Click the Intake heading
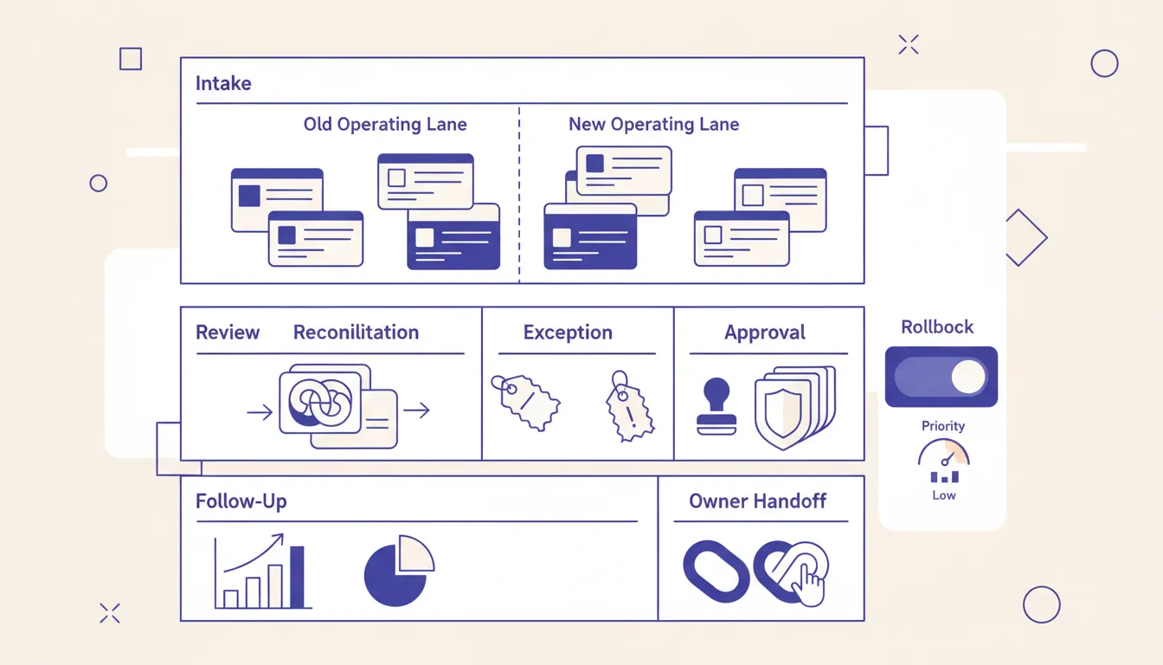pyautogui.click(x=223, y=83)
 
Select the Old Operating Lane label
pyautogui.click(x=385, y=124)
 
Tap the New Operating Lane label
pyautogui.click(x=653, y=124)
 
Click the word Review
pyautogui.click(x=228, y=332)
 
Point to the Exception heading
pyautogui.click(x=568, y=332)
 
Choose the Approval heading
pyautogui.click(x=765, y=332)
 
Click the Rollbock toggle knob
pyautogui.click(x=968, y=377)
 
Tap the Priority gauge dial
pyautogui.click(x=944, y=451)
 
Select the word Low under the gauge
pyautogui.click(x=944, y=495)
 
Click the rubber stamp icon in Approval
pyautogui.click(x=716, y=406)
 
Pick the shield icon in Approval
pyautogui.click(x=794, y=407)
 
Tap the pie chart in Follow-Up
pyautogui.click(x=399, y=571)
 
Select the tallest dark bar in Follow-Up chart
pyautogui.click(x=297, y=577)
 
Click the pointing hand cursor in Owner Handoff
pyautogui.click(x=808, y=584)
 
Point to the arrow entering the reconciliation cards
pyautogui.click(x=260, y=412)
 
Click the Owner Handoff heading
pyautogui.click(x=757, y=500)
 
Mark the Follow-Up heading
pyautogui.click(x=241, y=501)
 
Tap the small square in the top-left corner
pyautogui.click(x=131, y=59)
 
